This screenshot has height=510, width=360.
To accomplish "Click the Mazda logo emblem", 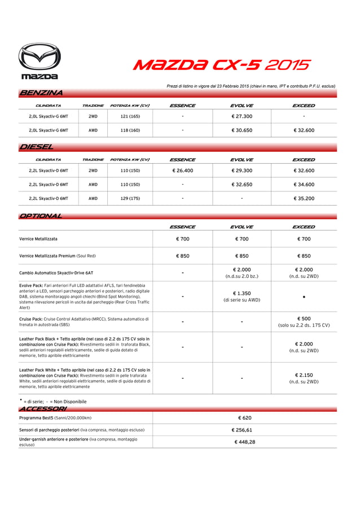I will [x=39, y=56].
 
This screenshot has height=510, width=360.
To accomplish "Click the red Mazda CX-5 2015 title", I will [x=221, y=65].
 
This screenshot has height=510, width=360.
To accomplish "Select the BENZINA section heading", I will [x=41, y=93].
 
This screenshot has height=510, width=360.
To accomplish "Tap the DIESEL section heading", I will [x=37, y=147].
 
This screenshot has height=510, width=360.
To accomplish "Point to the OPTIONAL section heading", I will [x=41, y=216].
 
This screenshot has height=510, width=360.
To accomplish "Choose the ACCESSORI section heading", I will [x=43, y=408].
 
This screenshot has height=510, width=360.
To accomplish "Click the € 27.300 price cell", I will [x=242, y=116].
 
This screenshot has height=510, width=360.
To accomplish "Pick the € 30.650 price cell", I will [x=242, y=130].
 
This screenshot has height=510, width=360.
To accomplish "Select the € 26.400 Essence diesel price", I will [x=182, y=171].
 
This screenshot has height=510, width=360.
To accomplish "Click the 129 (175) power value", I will [x=130, y=199].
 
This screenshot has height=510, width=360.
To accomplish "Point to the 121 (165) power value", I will [x=130, y=116].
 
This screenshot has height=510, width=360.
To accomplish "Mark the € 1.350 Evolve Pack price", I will [x=242, y=294].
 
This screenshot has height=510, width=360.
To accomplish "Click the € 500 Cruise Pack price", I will [x=304, y=319].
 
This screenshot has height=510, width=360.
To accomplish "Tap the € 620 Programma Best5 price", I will [x=244, y=418].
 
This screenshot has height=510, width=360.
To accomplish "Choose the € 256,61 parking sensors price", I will [x=244, y=430].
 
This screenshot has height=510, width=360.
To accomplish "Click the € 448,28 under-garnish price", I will [x=244, y=442].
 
